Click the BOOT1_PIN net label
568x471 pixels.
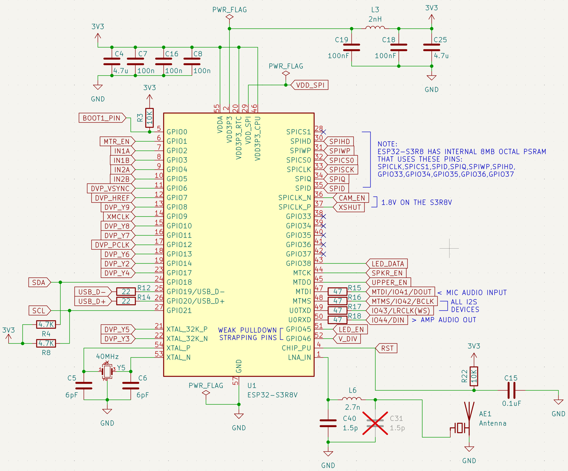coord(102,118)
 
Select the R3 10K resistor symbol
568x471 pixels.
coord(149,118)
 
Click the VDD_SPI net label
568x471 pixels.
coord(309,85)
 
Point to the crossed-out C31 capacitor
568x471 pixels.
coord(375,423)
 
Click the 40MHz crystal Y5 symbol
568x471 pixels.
coord(107,371)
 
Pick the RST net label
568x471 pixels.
coord(387,348)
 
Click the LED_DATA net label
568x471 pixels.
coord(387,264)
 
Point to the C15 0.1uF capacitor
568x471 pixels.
coord(511,390)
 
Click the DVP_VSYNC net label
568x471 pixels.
coord(111,188)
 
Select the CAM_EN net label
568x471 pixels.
coord(351,198)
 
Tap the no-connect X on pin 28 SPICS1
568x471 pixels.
coord(323,132)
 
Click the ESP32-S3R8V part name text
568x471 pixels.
coord(272,395)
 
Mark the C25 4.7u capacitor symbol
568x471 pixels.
coord(432,47)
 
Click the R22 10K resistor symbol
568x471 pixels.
coord(474,376)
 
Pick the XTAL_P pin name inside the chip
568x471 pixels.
coord(179,348)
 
